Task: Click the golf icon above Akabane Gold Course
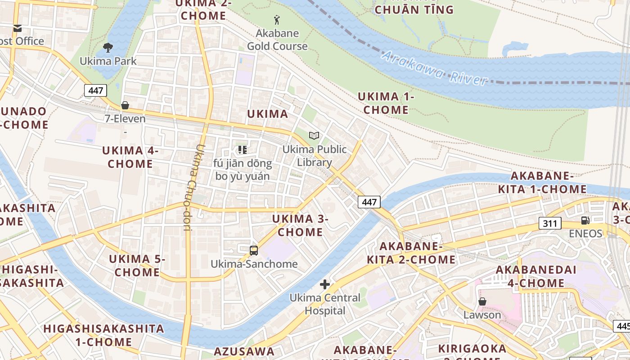point(277,20)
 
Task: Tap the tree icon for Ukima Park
point(108,47)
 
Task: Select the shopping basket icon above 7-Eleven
point(125,105)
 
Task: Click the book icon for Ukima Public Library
point(314,135)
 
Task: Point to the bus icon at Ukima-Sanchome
point(254,250)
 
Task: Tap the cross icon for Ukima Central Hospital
point(325,284)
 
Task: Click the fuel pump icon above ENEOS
point(585,220)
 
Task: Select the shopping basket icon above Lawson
point(482,301)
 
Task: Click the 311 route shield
point(550,223)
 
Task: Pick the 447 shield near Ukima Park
point(95,90)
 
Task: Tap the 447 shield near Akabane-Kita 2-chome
point(369,202)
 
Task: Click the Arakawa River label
point(434,69)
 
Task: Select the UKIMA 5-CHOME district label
point(137,265)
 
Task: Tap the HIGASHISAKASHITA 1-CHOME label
point(103,335)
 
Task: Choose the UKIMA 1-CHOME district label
point(386,103)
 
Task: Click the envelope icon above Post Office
point(18,28)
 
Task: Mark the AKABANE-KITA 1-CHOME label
point(542,182)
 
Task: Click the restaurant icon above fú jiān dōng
point(243,149)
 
